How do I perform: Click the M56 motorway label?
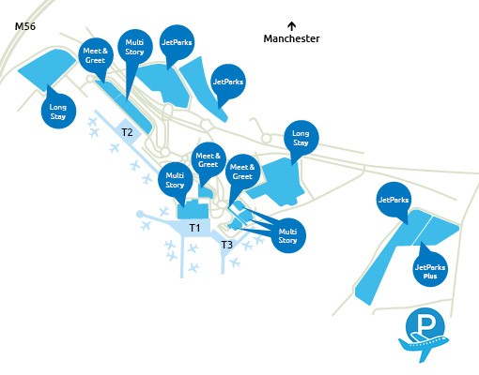coord(24,28)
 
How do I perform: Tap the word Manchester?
coord(291,39)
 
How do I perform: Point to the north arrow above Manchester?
coord(291,25)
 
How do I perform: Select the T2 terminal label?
coord(127,133)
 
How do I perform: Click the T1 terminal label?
coord(195,228)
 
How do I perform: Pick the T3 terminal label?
coord(226,246)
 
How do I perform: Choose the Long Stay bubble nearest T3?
coord(301,137)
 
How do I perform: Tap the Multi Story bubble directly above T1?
coord(175,179)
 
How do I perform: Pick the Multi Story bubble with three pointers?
coord(288,235)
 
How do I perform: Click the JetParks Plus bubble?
coord(430,272)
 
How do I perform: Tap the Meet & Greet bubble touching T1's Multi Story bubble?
coord(208,159)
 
